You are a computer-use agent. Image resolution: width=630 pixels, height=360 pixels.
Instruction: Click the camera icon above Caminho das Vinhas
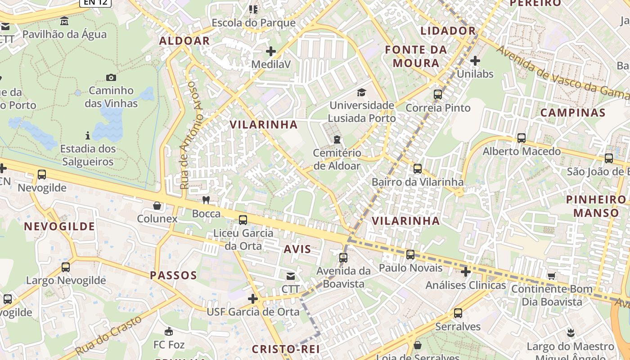point(111,78)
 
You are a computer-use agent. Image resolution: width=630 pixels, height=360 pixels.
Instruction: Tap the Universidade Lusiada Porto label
point(362,112)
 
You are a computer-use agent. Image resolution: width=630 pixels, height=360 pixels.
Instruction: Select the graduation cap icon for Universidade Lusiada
point(361,93)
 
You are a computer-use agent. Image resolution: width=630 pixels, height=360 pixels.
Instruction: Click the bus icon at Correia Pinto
point(438,94)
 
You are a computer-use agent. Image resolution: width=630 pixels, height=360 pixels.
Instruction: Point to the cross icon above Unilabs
point(475,60)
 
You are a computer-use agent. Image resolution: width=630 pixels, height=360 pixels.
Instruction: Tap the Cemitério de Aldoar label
point(337,159)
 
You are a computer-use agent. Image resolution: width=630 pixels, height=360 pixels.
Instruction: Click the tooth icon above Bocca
point(206,200)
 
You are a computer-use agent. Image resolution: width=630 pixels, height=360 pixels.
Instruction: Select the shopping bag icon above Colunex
point(157,206)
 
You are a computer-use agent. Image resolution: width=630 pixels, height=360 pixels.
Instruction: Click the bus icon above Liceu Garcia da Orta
point(243,220)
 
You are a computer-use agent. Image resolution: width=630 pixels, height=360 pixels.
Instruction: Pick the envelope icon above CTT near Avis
point(291,276)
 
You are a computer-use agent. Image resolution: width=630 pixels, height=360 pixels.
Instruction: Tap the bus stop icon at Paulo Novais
point(410,255)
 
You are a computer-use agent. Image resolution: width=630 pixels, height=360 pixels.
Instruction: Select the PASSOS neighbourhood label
point(173,275)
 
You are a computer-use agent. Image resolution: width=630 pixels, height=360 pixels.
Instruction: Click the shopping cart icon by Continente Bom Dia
point(552,276)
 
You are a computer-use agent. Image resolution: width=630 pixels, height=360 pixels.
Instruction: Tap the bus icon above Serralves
point(458,313)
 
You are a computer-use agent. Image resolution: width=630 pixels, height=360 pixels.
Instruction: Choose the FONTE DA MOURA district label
point(416,56)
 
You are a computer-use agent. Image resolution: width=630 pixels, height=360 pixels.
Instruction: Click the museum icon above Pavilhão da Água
point(64,21)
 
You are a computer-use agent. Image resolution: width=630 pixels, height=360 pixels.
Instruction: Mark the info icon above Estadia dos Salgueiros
point(88,135)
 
